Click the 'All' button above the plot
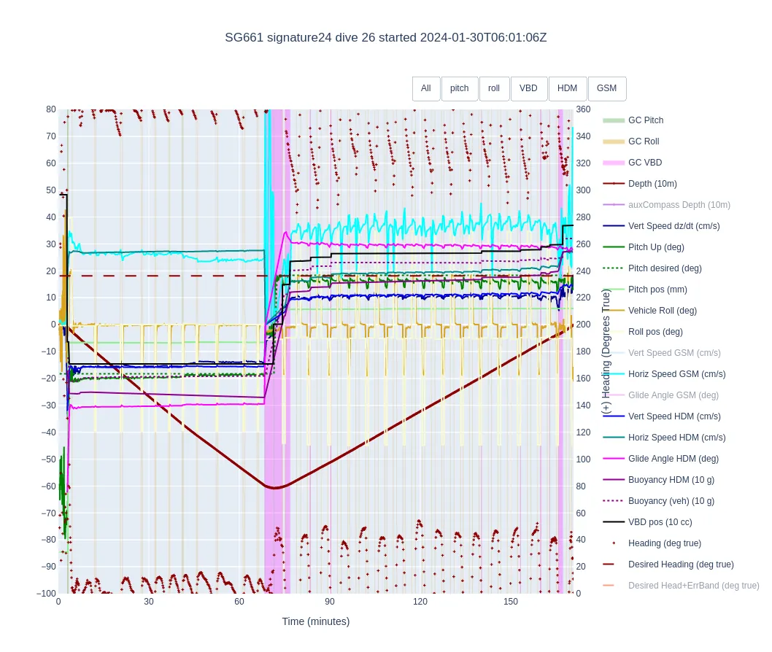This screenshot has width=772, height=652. tap(426, 88)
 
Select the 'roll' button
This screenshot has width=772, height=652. tap(494, 88)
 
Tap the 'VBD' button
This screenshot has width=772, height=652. tap(528, 88)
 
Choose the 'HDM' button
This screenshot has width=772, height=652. tap(567, 88)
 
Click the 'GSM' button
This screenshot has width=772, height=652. tap(606, 88)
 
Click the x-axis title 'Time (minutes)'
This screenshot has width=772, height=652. tap(316, 622)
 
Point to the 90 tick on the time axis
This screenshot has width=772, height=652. tap(329, 602)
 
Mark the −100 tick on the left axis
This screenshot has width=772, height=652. tap(46, 594)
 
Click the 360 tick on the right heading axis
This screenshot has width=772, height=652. tap(583, 109)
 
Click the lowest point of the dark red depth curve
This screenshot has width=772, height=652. tap(274, 488)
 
